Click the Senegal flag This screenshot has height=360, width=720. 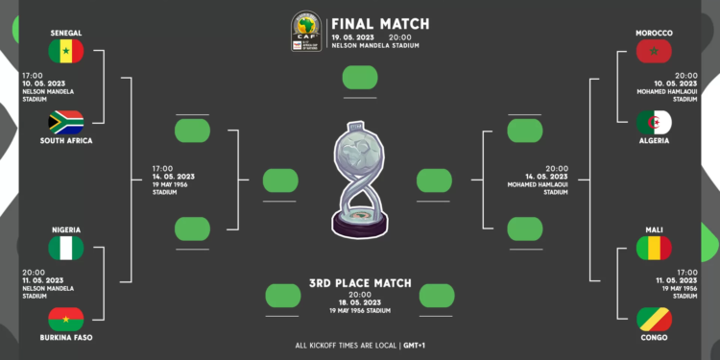click(x=66, y=51)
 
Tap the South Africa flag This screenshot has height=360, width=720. click(x=66, y=122)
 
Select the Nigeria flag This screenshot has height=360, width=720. click(x=66, y=248)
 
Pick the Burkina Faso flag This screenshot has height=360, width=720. click(x=66, y=319)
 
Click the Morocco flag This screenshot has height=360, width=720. click(x=654, y=51)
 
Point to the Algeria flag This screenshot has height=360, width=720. click(x=654, y=122)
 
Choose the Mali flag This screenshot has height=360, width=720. click(x=654, y=248)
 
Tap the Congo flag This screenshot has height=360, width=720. click(x=654, y=319)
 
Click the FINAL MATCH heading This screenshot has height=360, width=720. click(x=380, y=24)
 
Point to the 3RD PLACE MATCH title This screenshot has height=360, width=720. click(x=360, y=283)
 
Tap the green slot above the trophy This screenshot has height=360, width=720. click(x=360, y=77)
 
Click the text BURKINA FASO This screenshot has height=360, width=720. click(x=66, y=338)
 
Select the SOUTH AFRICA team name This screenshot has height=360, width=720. click(x=66, y=141)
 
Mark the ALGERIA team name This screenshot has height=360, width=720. click(x=654, y=141)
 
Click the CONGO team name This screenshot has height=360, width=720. click(x=654, y=338)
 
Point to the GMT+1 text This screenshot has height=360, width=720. click(x=416, y=344)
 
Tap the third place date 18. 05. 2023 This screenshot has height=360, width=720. click(x=360, y=302)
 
